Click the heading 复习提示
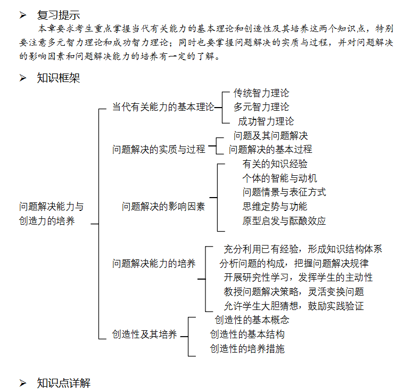[x=59, y=15]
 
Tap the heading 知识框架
[x=59, y=78]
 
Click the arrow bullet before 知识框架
[x=23, y=78]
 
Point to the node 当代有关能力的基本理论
[x=163, y=107]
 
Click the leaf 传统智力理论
[x=261, y=93]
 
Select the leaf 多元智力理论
[x=261, y=107]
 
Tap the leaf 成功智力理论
[x=266, y=121]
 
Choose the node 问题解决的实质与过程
[x=159, y=150]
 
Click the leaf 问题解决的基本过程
[x=270, y=150]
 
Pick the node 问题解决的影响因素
[x=163, y=207]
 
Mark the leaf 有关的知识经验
[x=275, y=164]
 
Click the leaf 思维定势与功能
[x=275, y=207]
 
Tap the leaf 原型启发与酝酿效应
[x=284, y=221]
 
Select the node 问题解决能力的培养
[x=154, y=264]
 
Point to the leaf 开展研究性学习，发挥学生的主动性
[x=298, y=277]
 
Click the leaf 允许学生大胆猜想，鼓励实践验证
[x=294, y=306]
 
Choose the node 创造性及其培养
[x=144, y=335]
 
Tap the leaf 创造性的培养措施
[x=248, y=349]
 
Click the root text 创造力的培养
[x=47, y=221]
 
